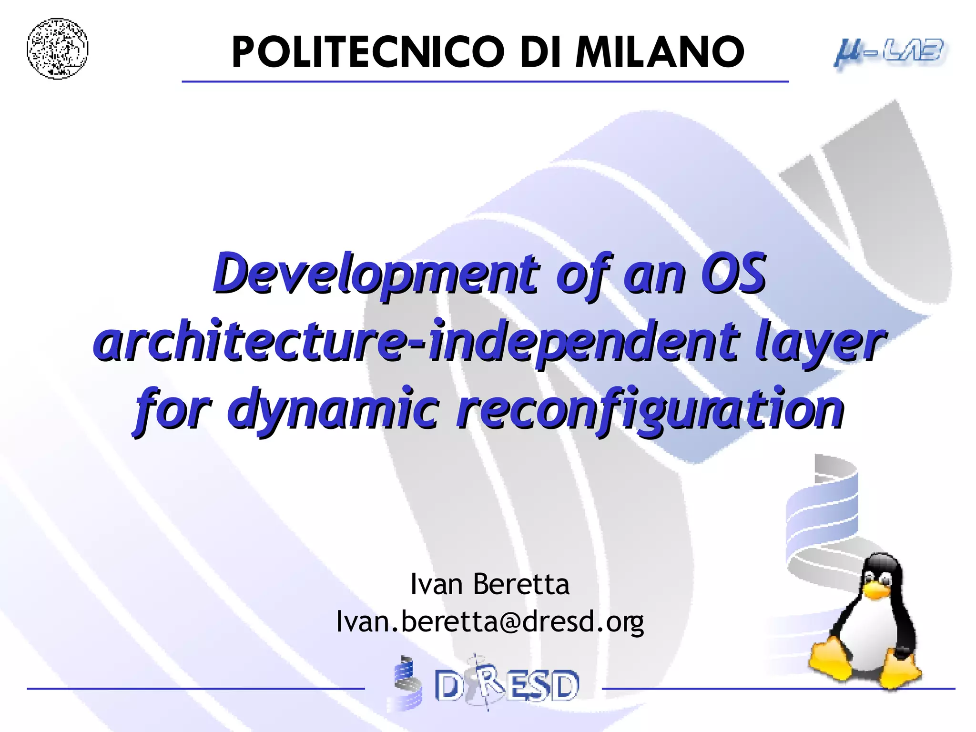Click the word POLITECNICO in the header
[x=367, y=52]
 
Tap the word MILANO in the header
[x=660, y=52]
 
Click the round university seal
[x=57, y=49]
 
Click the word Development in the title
[x=376, y=274]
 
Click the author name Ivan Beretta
[x=489, y=584]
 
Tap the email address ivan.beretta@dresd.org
[x=489, y=621]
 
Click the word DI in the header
[x=539, y=52]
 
